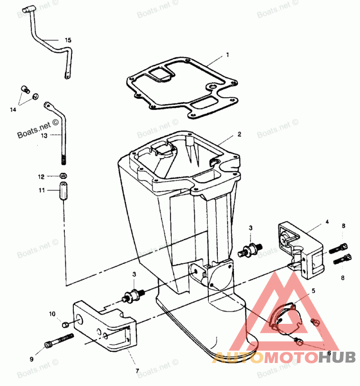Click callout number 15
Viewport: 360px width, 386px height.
(x=68, y=40)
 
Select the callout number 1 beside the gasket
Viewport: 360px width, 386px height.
(x=227, y=54)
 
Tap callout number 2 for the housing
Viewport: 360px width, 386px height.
(x=239, y=134)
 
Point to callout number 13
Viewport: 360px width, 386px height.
(x=44, y=136)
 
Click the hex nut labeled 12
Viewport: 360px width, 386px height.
(x=63, y=176)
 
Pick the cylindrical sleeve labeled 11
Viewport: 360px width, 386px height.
(x=63, y=191)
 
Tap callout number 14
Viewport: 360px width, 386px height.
(x=13, y=109)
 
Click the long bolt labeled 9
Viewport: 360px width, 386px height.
(x=59, y=340)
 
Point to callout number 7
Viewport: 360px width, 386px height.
(x=137, y=371)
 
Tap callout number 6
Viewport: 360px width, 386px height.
(x=329, y=353)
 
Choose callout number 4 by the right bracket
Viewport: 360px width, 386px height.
(x=327, y=222)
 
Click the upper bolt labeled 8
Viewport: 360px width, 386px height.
(x=338, y=248)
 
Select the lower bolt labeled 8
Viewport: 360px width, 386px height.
(x=342, y=259)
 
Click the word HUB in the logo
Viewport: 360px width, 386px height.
(x=337, y=357)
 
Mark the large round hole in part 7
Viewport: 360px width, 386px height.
(x=80, y=321)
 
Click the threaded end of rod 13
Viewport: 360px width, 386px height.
(x=63, y=159)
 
